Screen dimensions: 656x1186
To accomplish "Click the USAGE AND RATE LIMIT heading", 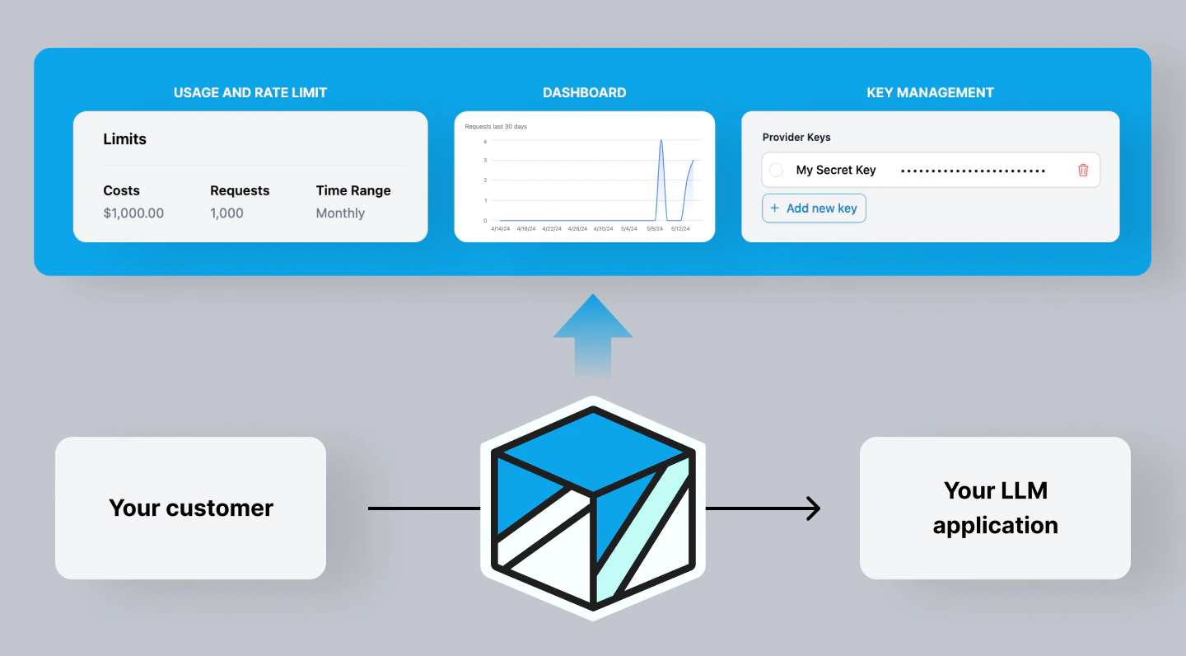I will (x=250, y=92).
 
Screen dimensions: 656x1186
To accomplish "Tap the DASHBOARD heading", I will (x=584, y=92).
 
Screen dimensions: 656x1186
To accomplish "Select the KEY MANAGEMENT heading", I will (x=930, y=92).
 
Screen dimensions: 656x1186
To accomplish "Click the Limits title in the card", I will (x=124, y=139).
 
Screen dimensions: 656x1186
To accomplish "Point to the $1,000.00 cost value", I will (x=133, y=213).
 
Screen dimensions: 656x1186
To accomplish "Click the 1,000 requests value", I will (x=226, y=213).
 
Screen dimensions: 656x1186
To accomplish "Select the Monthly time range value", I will (x=340, y=213).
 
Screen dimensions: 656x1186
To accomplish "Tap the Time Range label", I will (x=353, y=190).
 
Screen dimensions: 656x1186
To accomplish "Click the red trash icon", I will (x=1083, y=170).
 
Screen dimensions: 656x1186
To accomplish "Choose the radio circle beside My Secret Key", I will (x=776, y=170).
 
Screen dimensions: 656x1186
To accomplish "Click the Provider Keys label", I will (x=796, y=138).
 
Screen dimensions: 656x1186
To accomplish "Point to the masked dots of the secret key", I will (x=973, y=171).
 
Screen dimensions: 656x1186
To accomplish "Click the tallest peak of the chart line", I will (x=661, y=141).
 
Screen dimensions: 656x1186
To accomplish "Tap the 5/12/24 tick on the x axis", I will (x=680, y=229).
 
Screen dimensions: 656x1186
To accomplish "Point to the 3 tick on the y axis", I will (x=485, y=160).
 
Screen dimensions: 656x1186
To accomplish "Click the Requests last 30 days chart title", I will (x=496, y=127).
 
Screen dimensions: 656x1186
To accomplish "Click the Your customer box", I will (x=190, y=508).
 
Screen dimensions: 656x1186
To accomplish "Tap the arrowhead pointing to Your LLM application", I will (x=814, y=508).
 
